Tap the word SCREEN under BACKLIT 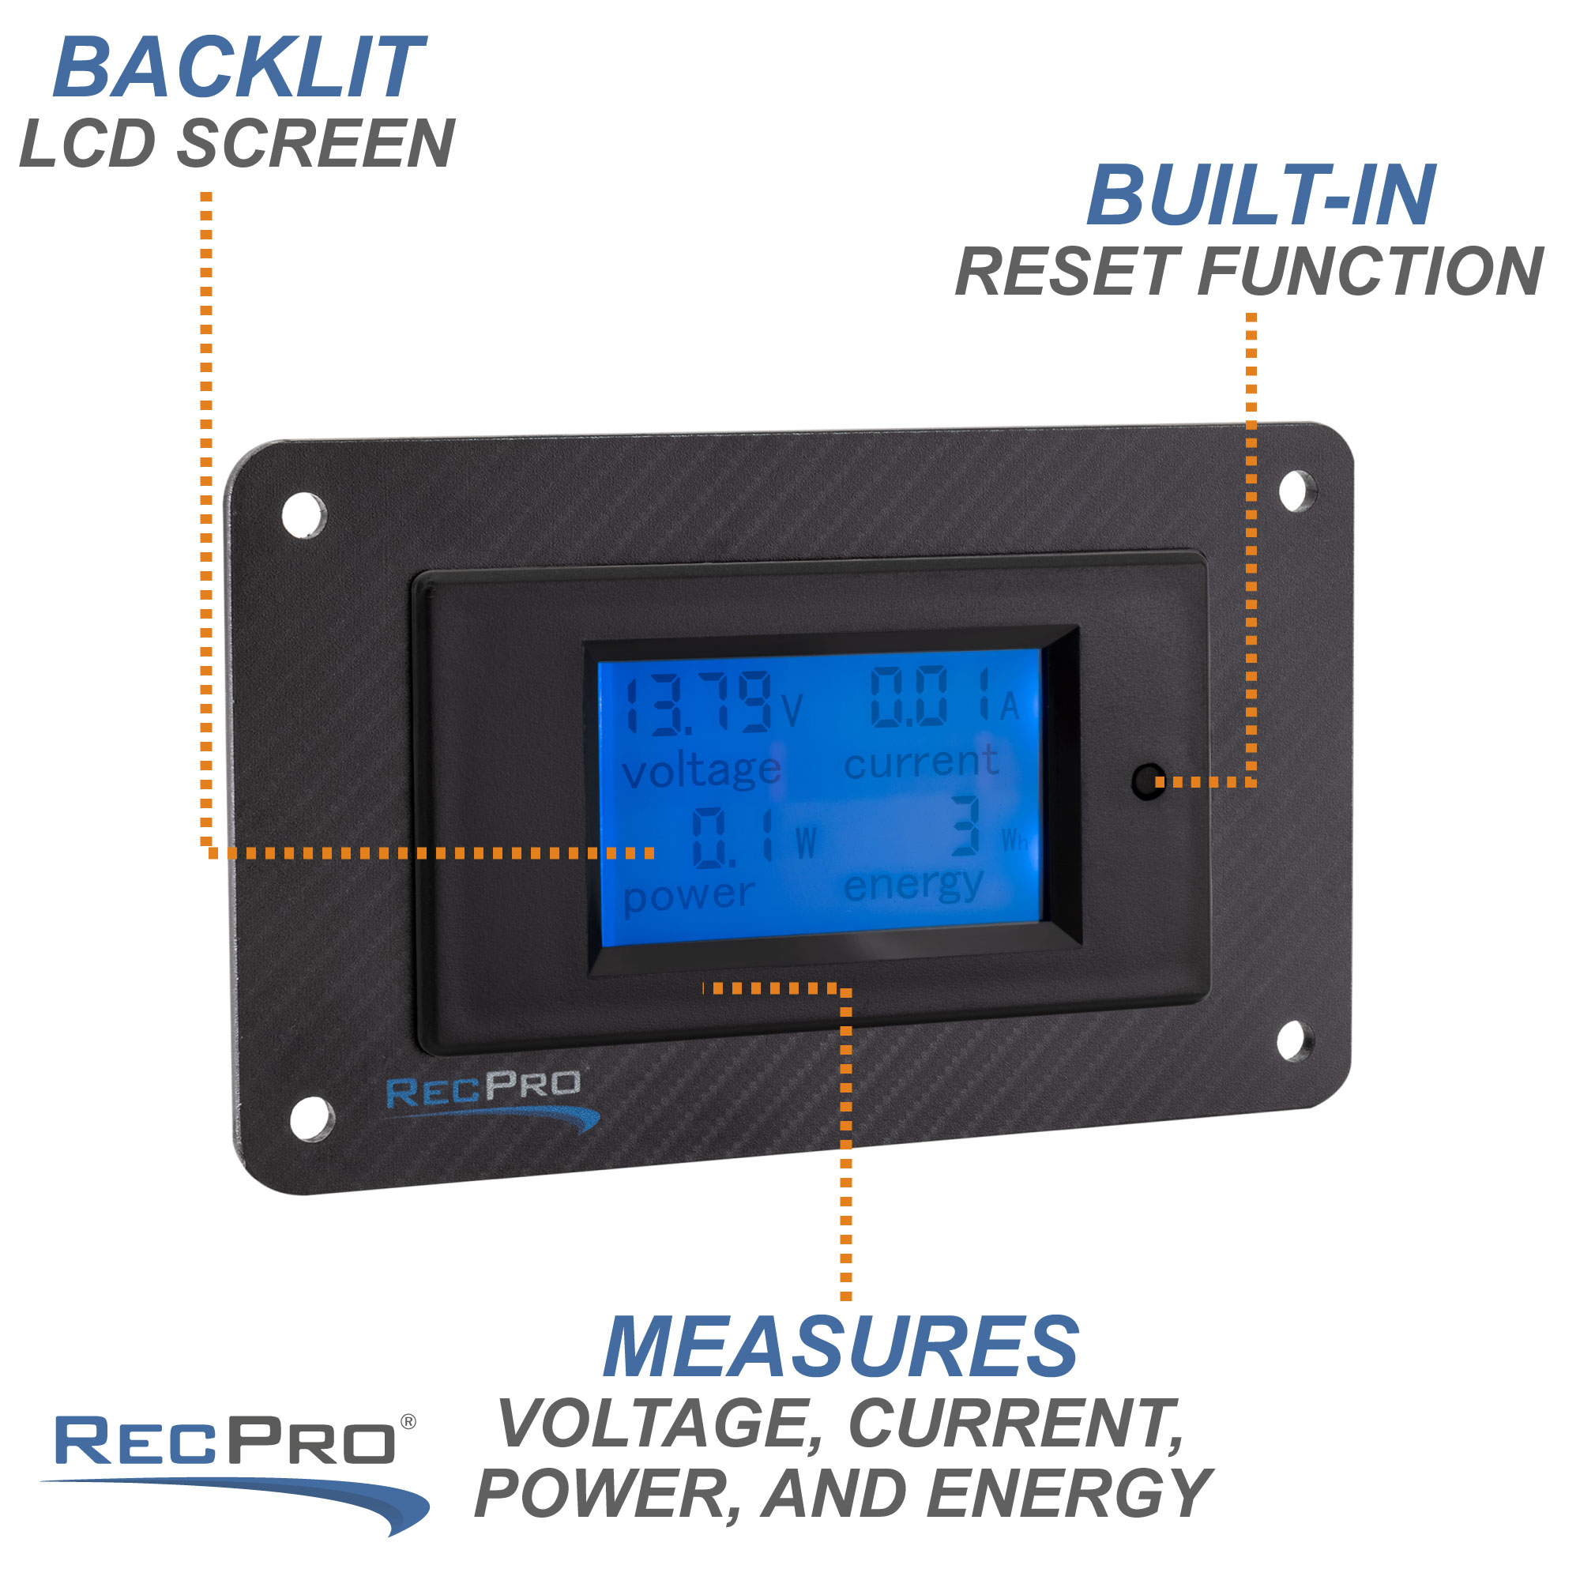pos(316,144)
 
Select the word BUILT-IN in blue pos(1261,195)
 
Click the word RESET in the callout pos(1066,272)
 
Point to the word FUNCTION pos(1370,272)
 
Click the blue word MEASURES pos(841,1349)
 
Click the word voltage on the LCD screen pos(701,771)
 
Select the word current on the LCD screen pos(921,763)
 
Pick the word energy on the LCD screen pos(912,886)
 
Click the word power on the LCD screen pos(688,896)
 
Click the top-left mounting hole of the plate pos(303,515)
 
